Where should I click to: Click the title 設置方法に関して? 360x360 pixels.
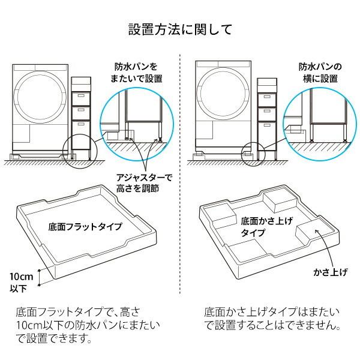point(180,29)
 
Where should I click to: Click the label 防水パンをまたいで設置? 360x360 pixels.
point(138,73)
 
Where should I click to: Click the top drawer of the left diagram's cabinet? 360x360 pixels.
point(80,96)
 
